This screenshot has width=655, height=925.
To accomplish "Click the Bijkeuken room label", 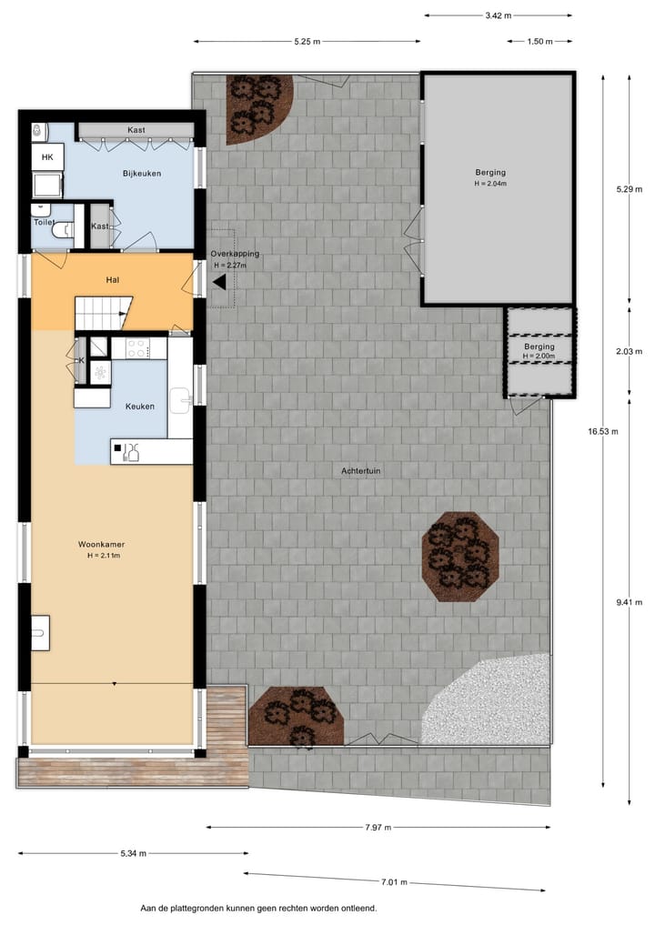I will coord(142,173).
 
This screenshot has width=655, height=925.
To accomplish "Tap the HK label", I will coord(46,157).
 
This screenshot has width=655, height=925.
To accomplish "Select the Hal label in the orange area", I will coord(113,280).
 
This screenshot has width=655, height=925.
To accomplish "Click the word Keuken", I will coord(139,407).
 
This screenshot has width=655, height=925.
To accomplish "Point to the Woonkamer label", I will coord(102,544).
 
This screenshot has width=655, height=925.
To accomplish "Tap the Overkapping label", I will coord(235,254).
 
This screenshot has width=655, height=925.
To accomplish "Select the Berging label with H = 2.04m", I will coord(490,172).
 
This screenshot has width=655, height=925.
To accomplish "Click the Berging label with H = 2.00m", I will coord(539,347).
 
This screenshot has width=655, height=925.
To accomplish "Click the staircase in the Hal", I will coord(102,314).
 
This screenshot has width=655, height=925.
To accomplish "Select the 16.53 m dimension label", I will coord(602,432).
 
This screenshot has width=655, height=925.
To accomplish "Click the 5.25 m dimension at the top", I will coord(307,42).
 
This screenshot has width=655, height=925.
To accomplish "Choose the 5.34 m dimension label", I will coord(134,854).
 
